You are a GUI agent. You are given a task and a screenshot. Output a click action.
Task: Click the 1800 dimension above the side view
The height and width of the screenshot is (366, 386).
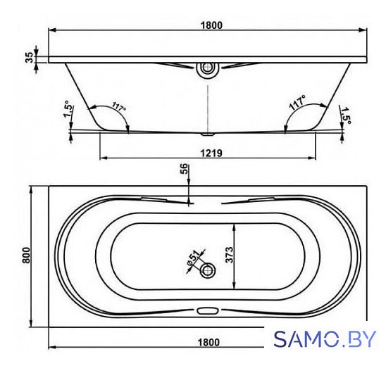tap(211, 25)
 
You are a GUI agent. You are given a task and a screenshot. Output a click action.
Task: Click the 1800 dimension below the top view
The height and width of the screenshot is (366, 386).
tap(208, 342)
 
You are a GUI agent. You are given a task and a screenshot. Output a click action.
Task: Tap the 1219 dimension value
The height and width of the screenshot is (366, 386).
tap(211, 153)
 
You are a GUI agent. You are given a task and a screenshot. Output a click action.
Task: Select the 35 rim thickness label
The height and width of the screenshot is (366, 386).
tap(30, 57)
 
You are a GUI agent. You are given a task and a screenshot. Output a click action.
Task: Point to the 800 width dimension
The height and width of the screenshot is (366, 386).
tap(26, 255)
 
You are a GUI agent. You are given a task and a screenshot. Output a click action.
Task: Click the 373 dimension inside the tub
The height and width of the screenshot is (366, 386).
tap(229, 255)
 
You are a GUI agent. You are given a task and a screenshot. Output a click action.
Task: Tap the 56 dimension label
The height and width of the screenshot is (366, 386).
tap(185, 169)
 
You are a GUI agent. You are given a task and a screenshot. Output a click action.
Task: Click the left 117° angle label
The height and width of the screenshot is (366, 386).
tap(119, 106)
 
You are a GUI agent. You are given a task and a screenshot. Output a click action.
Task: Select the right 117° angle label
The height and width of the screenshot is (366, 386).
tap(297, 103)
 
